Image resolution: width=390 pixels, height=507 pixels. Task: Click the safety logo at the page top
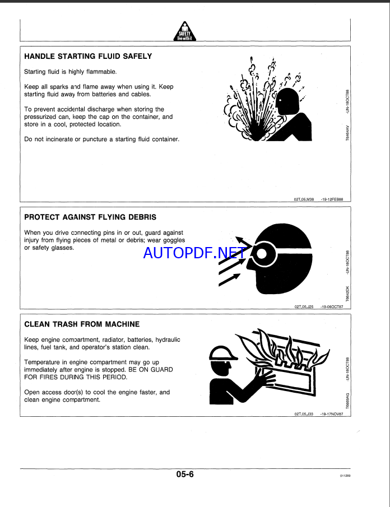click(x=184, y=32)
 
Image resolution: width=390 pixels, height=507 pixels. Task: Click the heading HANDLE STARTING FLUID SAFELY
click(x=88, y=57)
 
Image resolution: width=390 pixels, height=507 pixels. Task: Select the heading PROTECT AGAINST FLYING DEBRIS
click(x=90, y=217)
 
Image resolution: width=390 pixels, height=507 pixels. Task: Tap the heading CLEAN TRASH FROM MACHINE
click(x=82, y=324)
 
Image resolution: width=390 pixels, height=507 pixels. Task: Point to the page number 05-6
click(x=184, y=474)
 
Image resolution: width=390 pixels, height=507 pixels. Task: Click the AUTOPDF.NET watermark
click(x=194, y=253)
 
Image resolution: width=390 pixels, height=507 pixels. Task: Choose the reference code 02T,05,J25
click(x=303, y=306)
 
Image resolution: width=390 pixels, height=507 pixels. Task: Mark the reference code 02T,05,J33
click(x=303, y=414)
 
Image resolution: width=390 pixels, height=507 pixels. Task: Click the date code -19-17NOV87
click(x=332, y=414)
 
